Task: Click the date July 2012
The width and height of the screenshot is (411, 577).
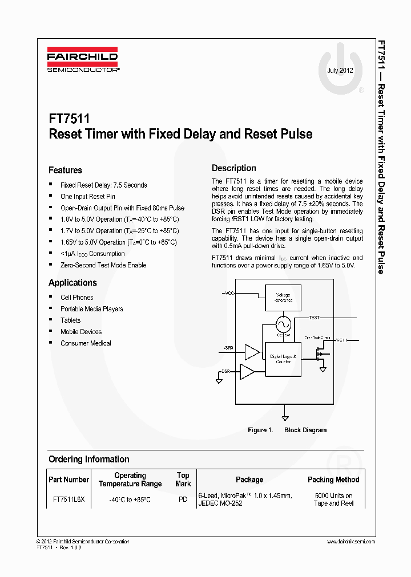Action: [x=340, y=71]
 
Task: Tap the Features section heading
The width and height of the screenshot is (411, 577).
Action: [x=65, y=170]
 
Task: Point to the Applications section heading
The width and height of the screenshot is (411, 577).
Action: [x=72, y=283]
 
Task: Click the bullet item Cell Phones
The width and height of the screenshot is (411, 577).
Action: [x=76, y=298]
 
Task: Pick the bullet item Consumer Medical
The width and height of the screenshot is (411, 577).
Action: [x=86, y=343]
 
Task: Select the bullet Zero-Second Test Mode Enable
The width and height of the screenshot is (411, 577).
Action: [x=103, y=265]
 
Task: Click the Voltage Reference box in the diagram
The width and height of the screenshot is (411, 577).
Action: [x=283, y=298]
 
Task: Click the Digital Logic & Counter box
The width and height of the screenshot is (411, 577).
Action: [x=283, y=359]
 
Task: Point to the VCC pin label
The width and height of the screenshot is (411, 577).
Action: [x=229, y=293]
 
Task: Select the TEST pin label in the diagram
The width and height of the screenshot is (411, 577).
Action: [x=315, y=317]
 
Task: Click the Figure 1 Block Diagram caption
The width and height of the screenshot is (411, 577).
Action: [x=287, y=430]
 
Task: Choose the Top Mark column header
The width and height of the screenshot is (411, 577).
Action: [x=183, y=480]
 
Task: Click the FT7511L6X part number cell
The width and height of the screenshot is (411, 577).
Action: [x=68, y=499]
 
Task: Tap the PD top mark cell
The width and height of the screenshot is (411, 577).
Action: [x=183, y=499]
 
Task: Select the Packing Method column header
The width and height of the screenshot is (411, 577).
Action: [x=333, y=480]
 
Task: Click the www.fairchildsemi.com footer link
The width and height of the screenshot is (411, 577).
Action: [x=351, y=542]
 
